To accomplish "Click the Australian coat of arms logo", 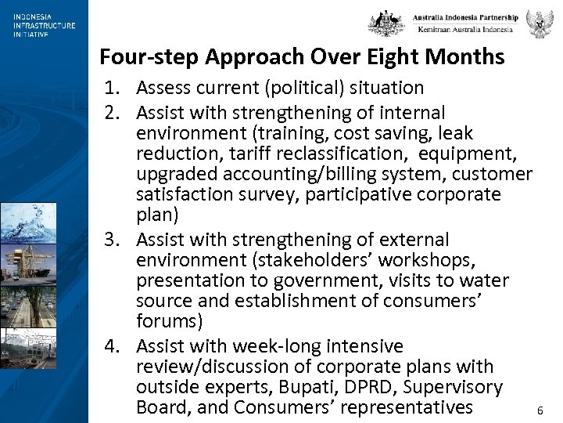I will tap(386, 23).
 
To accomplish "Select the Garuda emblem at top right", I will tap(540, 23).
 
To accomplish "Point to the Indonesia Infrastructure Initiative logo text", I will tap(44, 25).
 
